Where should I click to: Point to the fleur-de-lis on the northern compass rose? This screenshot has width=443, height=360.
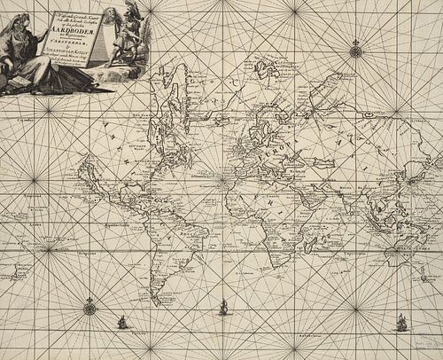click(355, 41)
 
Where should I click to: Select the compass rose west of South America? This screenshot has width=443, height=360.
click(89, 309)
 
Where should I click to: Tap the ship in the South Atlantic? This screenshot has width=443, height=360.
click(223, 308)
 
